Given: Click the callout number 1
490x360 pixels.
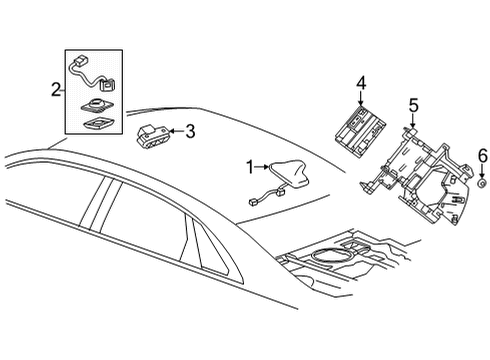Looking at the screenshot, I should (251, 166).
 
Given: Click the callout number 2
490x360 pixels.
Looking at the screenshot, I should (55, 91).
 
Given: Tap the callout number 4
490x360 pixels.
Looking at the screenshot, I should (362, 83).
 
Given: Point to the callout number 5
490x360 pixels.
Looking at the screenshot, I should (413, 104).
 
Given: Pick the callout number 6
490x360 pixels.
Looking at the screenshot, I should (481, 155).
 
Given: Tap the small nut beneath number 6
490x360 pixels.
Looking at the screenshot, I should (481, 185).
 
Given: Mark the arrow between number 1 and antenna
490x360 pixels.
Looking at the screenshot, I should (265, 166).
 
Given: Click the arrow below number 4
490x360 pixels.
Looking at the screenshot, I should (362, 98).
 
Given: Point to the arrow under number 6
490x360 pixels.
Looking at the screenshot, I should (481, 171).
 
